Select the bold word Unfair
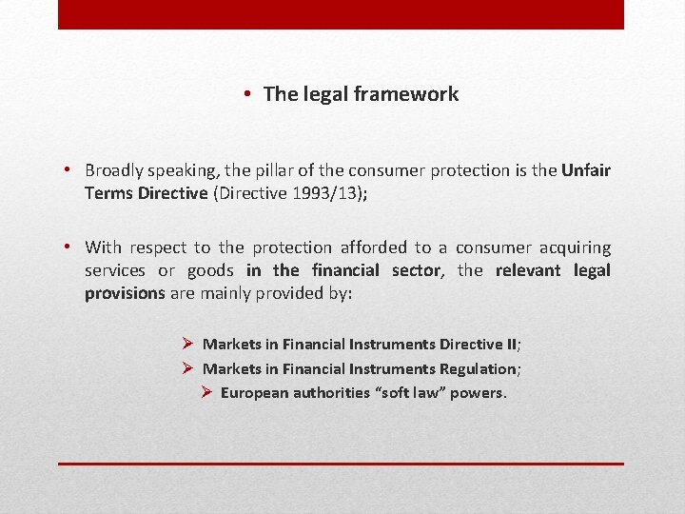(x=586, y=170)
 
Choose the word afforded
(x=377, y=247)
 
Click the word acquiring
(x=575, y=247)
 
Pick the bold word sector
(x=416, y=270)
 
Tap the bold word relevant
(x=527, y=270)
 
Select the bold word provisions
(x=125, y=293)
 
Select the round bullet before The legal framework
(x=246, y=94)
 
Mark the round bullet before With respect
(x=70, y=247)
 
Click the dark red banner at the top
(x=341, y=14)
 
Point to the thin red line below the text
(x=341, y=464)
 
